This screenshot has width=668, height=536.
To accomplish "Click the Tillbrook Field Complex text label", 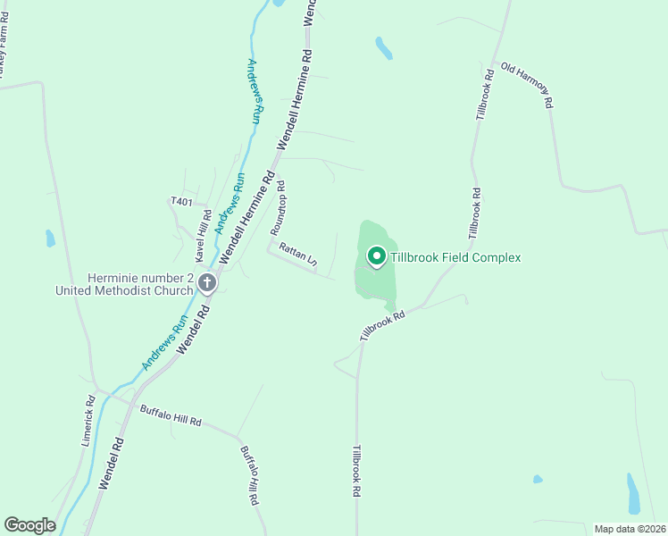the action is coord(455,257).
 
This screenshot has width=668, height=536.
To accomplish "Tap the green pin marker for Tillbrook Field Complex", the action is coord(376,257).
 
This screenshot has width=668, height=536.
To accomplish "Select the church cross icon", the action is coord(207,285).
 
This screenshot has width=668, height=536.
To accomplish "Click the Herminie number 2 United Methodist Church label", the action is coord(124,284).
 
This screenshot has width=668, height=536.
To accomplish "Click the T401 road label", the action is coord(181,202).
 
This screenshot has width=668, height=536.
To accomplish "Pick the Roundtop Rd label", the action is coord(278,207).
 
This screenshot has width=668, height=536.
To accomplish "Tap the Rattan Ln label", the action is coord(298,255).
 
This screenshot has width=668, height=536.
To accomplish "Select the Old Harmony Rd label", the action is coord(527,85).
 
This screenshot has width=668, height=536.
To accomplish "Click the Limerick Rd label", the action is coord(88,421).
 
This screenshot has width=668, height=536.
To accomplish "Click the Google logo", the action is coord(29,525).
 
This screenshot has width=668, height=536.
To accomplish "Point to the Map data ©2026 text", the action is coord(629,529).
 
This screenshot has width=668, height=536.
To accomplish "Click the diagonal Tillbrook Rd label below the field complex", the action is coord(383,325).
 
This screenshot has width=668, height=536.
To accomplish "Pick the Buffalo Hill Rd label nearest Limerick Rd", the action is coord(171,415).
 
